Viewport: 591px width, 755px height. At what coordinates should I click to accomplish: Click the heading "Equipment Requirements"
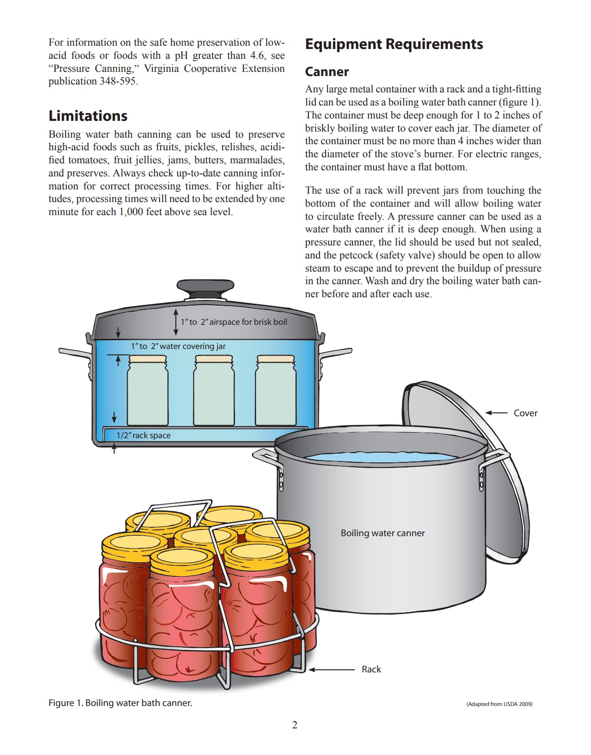point(394,44)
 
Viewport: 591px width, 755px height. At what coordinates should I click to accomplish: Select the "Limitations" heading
point(88,116)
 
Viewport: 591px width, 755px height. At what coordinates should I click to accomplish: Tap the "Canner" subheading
point(327,72)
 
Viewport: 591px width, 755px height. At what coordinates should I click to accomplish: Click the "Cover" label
point(525,413)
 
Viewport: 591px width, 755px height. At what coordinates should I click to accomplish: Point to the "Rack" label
point(371,669)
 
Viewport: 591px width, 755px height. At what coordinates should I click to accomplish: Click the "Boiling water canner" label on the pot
point(382,533)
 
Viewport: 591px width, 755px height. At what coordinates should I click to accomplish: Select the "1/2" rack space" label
point(143,435)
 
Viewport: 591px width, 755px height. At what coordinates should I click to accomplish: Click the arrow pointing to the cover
point(496,413)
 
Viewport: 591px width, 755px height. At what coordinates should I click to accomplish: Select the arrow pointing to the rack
point(331,670)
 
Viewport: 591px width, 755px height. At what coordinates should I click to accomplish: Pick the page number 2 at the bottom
point(295,725)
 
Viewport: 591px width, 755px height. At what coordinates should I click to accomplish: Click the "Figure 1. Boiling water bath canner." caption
point(120,703)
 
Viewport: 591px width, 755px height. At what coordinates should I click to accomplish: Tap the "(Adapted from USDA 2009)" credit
point(499,704)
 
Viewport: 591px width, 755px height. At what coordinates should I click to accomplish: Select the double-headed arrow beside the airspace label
point(176,322)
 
